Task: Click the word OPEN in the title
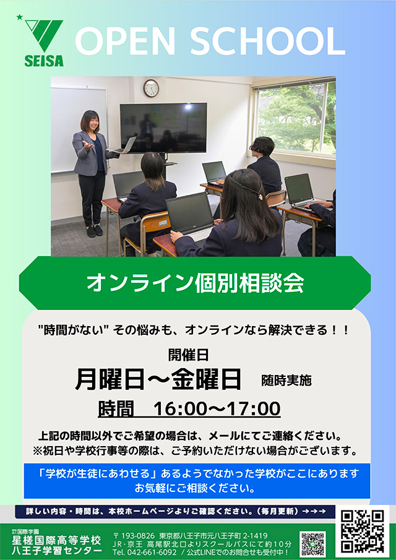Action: coord(124,41)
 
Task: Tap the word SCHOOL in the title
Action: coord(267,41)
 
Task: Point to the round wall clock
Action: coord(151,88)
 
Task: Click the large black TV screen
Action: coord(163,128)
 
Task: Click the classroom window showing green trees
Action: coord(296,118)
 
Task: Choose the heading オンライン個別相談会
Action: coord(195,283)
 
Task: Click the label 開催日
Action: coord(188,355)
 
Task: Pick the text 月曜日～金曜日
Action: coord(158,380)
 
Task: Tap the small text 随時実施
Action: coord(286,381)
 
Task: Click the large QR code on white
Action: coord(362,531)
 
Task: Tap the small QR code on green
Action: coord(312,543)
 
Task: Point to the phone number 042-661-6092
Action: coord(150,553)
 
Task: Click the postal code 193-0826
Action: coord(138,536)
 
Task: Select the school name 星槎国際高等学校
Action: coord(56,540)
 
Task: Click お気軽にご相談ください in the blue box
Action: coord(195,488)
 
